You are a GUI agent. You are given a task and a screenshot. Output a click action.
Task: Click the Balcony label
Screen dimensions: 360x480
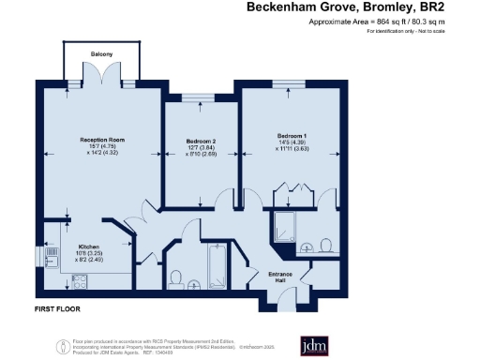(102, 54)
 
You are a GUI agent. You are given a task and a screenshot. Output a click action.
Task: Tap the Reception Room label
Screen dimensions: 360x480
(101, 140)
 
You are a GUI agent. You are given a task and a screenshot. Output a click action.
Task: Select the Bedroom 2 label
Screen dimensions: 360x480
(201, 141)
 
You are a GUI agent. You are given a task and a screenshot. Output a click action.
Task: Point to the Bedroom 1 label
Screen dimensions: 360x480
(292, 133)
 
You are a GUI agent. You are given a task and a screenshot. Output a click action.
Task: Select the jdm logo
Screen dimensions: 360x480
(312, 345)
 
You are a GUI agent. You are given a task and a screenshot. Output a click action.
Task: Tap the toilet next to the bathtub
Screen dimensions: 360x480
(176, 277)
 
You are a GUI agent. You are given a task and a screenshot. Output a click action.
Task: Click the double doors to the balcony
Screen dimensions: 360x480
(102, 84)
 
